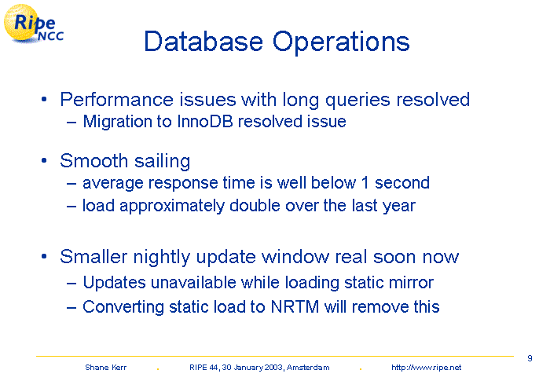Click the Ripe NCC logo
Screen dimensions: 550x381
pos(33,24)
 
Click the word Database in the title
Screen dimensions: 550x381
pos(203,42)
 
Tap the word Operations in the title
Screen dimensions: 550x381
pos(341,42)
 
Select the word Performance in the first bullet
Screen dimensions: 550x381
pos(116,99)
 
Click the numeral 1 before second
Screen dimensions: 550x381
pos(365,183)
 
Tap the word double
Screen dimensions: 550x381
pos(255,206)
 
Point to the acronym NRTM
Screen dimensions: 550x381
pos(295,307)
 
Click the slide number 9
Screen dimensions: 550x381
pos(530,358)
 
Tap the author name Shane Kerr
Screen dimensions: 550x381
pos(105,368)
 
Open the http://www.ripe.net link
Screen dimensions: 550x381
pos(426,368)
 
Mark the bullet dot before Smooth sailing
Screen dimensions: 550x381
pos(44,161)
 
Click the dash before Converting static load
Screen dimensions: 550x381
pos(71,308)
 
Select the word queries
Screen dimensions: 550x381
pos(357,101)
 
